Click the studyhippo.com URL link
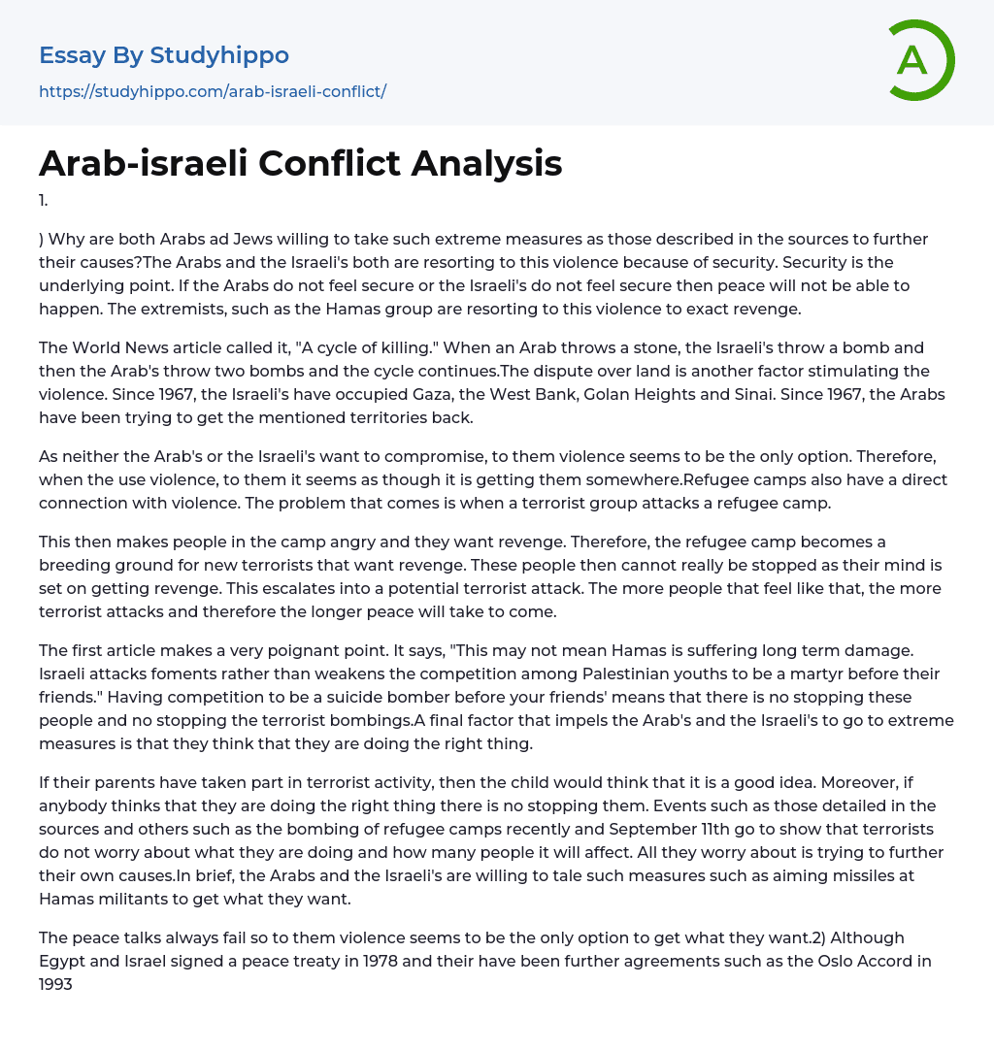pyautogui.click(x=213, y=91)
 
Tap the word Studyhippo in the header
pyautogui.click(x=219, y=55)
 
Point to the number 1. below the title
pyautogui.click(x=44, y=201)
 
